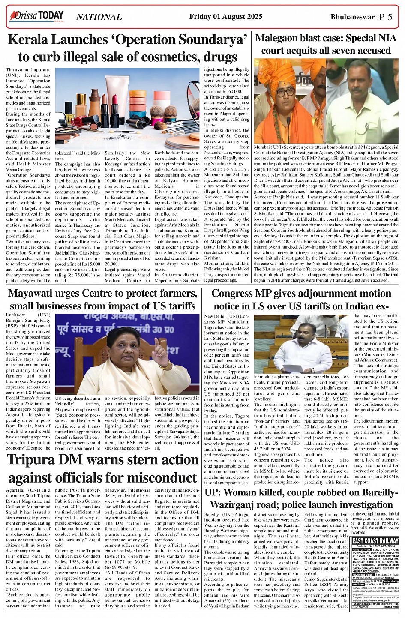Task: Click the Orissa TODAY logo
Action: tap(36, 17)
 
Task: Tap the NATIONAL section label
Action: tap(99, 17)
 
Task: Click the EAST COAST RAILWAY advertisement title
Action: tap(375, 541)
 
